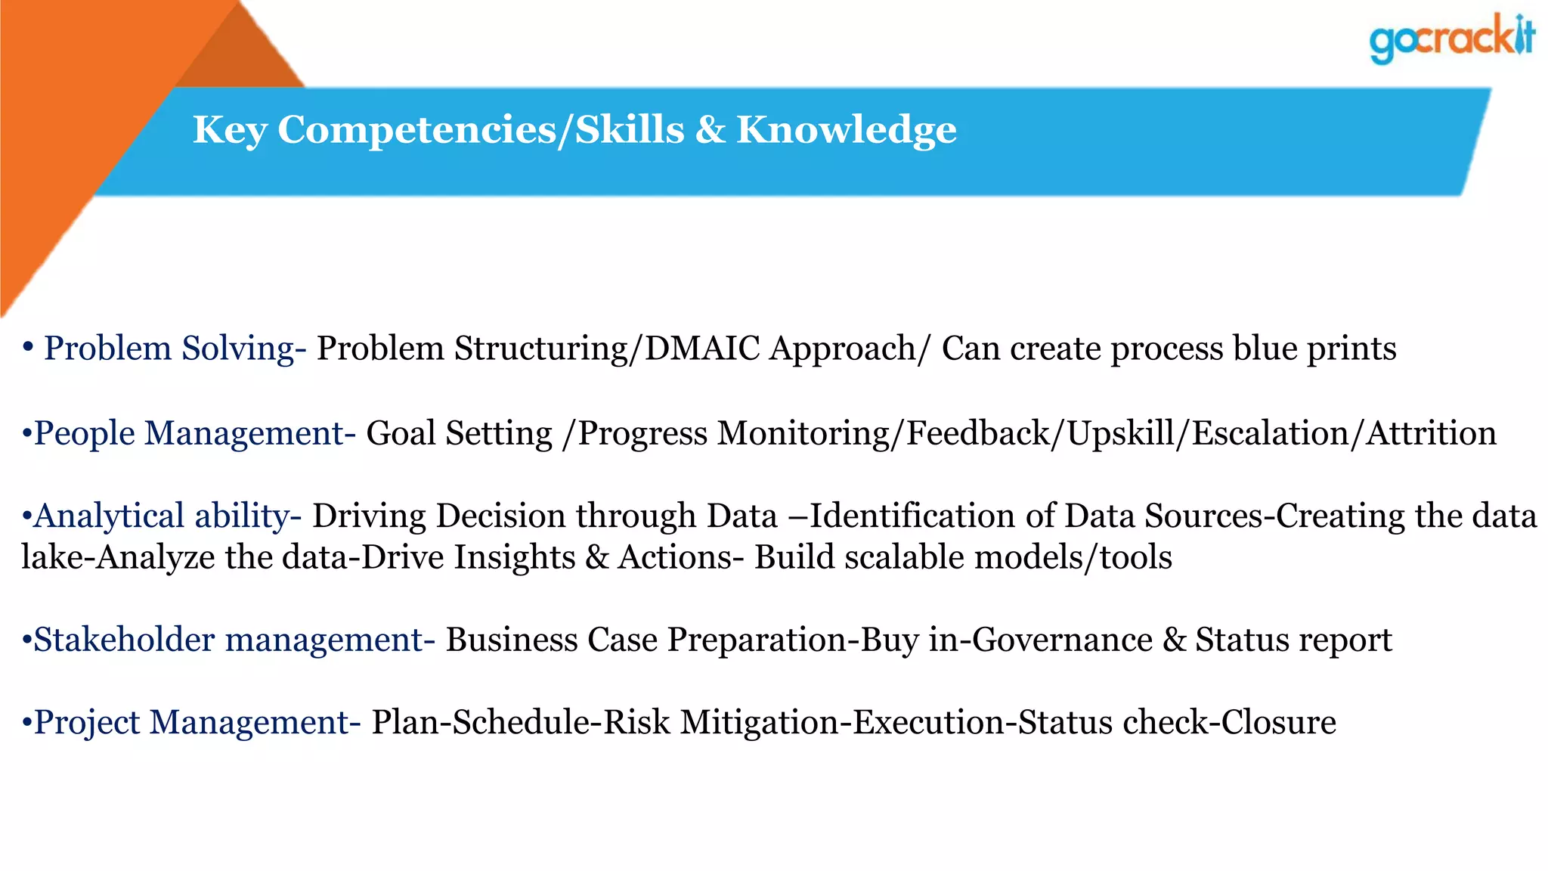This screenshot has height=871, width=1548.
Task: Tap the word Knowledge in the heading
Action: pos(846,130)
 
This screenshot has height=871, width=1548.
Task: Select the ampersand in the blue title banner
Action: pos(710,130)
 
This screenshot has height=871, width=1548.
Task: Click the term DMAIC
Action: pos(702,349)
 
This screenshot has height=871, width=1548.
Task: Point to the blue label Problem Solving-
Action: pos(175,349)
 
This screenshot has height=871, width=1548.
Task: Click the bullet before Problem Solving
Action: pos(27,347)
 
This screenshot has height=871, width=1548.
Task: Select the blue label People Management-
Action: pos(194,434)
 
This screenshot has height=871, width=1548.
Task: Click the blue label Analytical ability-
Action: pos(167,516)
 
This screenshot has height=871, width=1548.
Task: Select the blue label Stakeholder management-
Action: pos(234,640)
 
